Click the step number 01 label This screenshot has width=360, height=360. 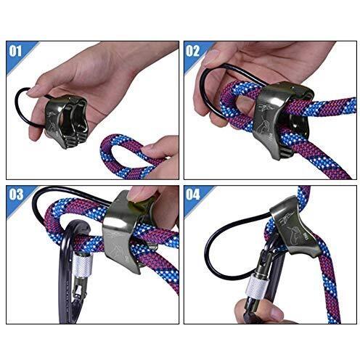[x=15, y=52]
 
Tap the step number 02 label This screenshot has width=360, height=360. [x=193, y=51]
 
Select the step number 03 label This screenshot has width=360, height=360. [x=16, y=195]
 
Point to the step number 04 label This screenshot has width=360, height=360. [x=193, y=195]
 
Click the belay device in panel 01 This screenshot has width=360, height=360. [x=66, y=120]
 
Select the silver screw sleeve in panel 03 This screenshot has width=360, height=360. [x=83, y=267]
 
